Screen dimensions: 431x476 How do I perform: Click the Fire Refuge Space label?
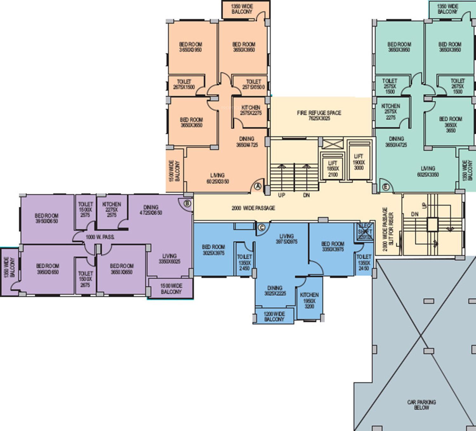319,115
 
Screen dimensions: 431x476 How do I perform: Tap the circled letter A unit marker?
258,186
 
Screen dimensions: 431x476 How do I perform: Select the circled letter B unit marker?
187,203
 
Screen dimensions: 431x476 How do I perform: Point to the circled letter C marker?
261,227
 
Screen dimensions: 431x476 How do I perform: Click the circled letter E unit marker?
386,187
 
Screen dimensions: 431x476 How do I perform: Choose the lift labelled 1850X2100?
333,169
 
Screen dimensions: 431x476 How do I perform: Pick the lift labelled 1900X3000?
359,162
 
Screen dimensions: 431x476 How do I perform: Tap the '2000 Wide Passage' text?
253,208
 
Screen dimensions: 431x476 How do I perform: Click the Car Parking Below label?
421,405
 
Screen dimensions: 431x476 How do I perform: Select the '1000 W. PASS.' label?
100,237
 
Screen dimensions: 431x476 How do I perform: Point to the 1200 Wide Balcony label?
274,316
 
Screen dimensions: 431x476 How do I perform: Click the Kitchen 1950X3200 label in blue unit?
309,300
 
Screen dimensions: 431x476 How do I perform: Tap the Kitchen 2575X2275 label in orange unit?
251,110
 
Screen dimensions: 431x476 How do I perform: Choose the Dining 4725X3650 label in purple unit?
151,210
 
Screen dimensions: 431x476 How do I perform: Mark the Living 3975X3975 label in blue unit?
286,239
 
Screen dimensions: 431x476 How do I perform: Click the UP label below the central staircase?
281,195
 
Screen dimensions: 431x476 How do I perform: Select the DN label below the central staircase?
306,195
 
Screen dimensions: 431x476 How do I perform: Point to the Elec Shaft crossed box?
364,232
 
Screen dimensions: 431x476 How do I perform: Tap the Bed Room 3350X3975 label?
333,246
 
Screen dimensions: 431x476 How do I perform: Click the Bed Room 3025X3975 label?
213,250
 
